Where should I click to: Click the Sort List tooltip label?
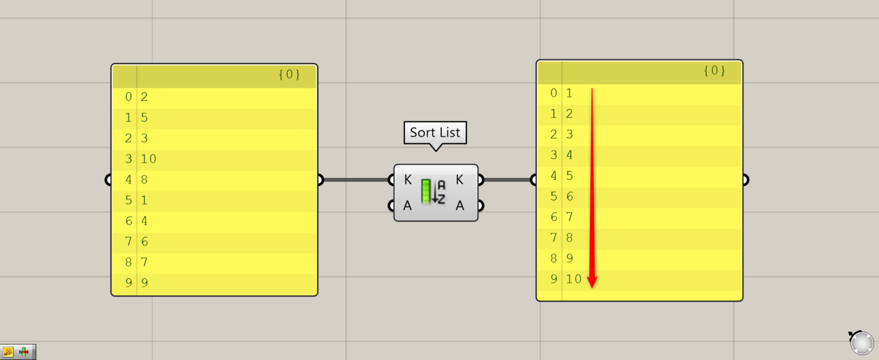435,133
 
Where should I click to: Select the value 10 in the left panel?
149,159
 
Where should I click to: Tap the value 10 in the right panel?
573,279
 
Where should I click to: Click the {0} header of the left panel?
289,75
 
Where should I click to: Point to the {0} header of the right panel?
714,71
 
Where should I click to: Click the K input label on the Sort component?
407,180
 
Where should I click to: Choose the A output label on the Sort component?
460,205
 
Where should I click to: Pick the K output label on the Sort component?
460,180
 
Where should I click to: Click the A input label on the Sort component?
407,205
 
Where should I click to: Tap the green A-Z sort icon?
433,192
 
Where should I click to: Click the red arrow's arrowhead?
592,282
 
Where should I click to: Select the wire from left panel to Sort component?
355,180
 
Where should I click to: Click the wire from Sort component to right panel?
506,180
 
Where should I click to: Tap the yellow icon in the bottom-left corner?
8,352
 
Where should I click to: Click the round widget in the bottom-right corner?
861,343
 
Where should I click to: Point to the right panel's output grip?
745,180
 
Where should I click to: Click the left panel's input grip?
108,180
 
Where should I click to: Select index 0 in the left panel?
128,97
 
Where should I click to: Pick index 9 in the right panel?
553,279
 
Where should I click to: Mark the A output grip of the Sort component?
481,205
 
